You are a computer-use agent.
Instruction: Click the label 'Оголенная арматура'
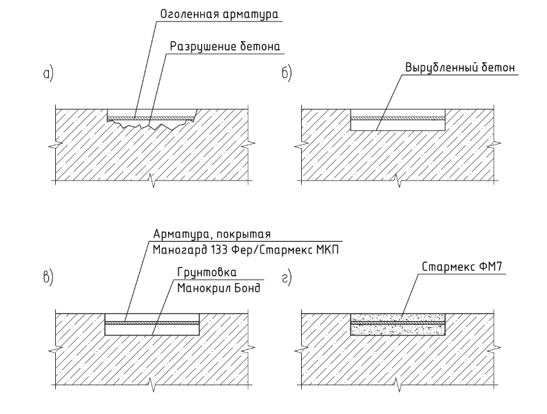point(219,14)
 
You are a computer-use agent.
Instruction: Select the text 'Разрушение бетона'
point(225,46)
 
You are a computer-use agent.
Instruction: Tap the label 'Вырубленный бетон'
point(460,68)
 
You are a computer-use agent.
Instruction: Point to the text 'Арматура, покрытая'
point(211,234)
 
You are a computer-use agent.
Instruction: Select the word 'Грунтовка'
point(207,272)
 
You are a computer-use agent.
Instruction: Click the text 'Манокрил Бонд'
point(218,289)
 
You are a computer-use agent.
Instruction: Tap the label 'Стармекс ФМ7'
point(462,267)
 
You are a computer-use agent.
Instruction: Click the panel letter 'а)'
point(48,74)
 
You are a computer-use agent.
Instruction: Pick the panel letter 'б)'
point(287,73)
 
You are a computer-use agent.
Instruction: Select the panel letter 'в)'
point(48,278)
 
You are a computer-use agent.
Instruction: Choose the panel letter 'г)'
point(287,279)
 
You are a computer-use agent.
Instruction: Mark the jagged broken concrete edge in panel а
point(150,125)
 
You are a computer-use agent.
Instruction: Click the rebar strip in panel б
point(398,118)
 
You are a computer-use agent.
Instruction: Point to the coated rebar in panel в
point(152,323)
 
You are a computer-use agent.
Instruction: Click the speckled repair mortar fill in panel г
point(398,324)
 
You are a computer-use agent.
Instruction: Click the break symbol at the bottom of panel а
point(153,180)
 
